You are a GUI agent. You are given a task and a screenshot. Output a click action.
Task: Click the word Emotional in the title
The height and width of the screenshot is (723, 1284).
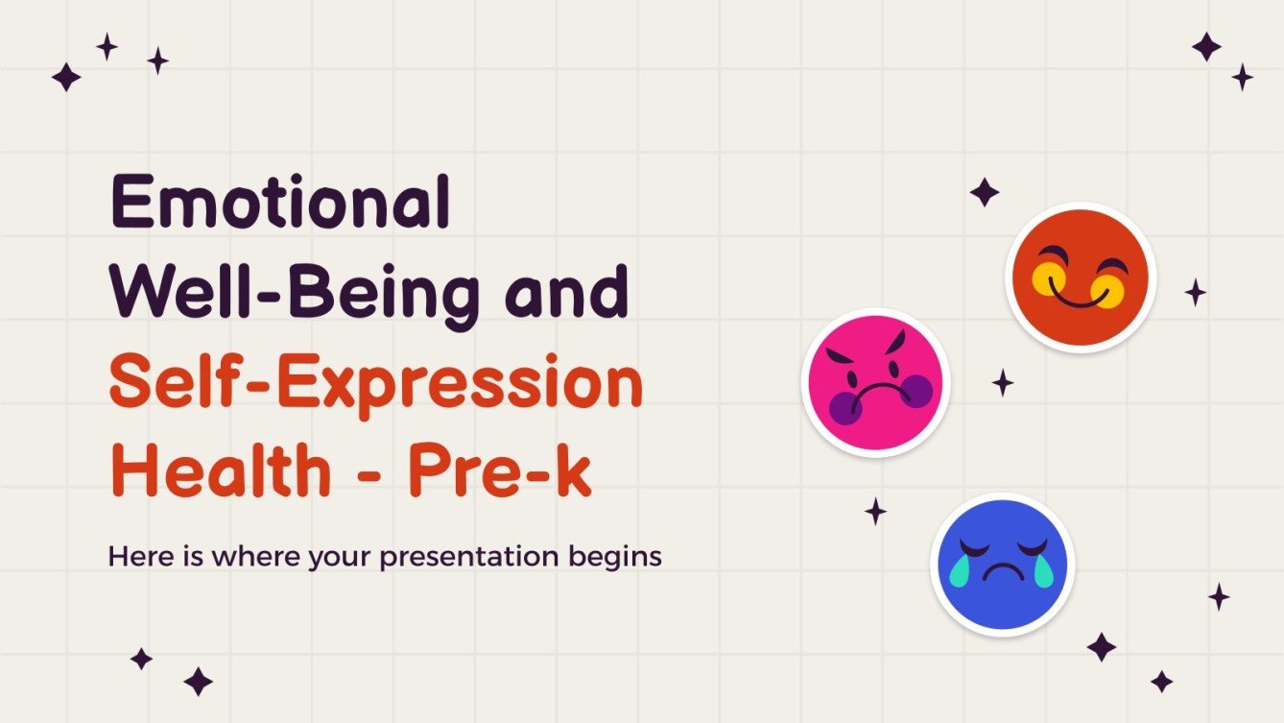(x=279, y=204)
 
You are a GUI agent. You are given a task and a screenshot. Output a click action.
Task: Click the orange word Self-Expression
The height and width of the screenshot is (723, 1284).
(x=375, y=384)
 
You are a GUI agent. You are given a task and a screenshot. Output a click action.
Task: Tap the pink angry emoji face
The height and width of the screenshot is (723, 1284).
(x=875, y=381)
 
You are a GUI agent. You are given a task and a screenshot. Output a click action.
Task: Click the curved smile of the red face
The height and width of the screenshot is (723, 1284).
(x=1081, y=297)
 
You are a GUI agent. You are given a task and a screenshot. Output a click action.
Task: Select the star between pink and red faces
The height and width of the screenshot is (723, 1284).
(x=1003, y=383)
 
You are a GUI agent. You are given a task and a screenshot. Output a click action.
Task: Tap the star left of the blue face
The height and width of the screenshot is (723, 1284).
(x=875, y=511)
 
